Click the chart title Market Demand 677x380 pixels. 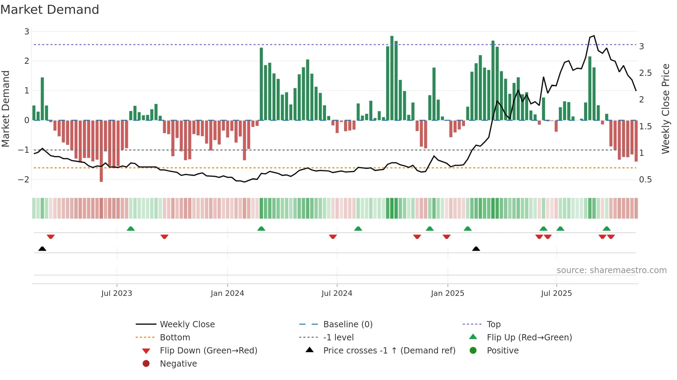[50, 10]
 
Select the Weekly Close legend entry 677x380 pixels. [187, 324]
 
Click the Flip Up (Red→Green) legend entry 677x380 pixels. [529, 337]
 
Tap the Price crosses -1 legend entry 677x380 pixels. [389, 350]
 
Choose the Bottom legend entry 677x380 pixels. [175, 337]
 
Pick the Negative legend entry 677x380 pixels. [178, 363]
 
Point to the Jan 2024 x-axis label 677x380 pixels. [227, 293]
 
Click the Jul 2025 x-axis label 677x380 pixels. [556, 293]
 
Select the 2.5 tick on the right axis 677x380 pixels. [645, 73]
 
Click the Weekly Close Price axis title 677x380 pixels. [665, 109]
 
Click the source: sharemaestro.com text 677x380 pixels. [611, 270]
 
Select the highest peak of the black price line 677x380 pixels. [594, 36]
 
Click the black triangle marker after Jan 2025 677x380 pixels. [476, 249]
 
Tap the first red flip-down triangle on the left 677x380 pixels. [51, 237]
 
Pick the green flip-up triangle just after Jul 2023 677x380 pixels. [131, 229]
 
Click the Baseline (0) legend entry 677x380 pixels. [347, 324]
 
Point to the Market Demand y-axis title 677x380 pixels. [6, 109]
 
